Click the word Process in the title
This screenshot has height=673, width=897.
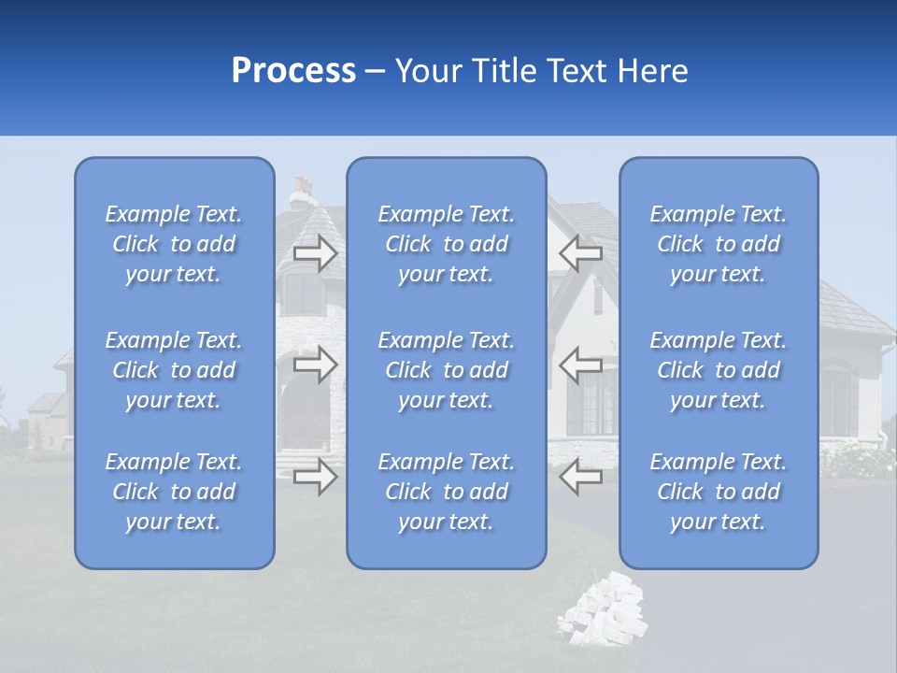pyautogui.click(x=293, y=71)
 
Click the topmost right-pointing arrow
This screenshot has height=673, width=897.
pyautogui.click(x=315, y=252)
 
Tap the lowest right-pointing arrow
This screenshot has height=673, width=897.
pyautogui.click(x=315, y=477)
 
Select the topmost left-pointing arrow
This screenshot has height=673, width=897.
pyautogui.click(x=580, y=252)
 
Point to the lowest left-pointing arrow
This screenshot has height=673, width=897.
pyautogui.click(x=580, y=477)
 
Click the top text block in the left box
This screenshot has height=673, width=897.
pyautogui.click(x=174, y=244)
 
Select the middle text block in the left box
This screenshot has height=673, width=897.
pyautogui.click(x=174, y=370)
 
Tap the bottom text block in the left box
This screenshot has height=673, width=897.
pyautogui.click(x=174, y=492)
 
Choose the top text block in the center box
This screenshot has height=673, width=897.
pyautogui.click(x=446, y=244)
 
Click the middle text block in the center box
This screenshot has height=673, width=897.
pyautogui.click(x=446, y=370)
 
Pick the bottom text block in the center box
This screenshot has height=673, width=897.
pyautogui.click(x=446, y=492)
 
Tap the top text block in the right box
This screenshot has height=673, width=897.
pyautogui.click(x=718, y=244)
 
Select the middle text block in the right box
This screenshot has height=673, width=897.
pyautogui.click(x=718, y=370)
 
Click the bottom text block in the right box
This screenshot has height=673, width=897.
pyautogui.click(x=718, y=492)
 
